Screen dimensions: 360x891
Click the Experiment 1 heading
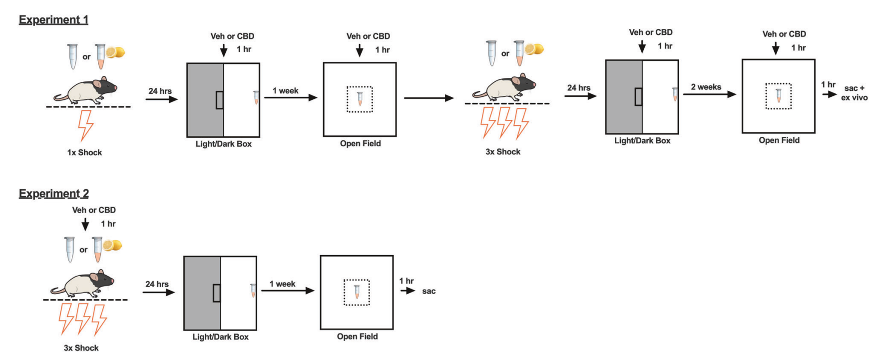(x=53, y=19)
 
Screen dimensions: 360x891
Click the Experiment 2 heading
(x=53, y=193)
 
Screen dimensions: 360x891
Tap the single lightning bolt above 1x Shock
(x=86, y=125)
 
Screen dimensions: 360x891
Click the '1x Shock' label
(x=84, y=153)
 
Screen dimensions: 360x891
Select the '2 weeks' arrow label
(x=706, y=87)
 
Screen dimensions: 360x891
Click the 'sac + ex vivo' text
(x=854, y=93)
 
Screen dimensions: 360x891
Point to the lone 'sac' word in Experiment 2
(x=429, y=291)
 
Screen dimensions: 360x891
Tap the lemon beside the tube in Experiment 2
(x=113, y=245)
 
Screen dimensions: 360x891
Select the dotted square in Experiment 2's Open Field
(x=357, y=292)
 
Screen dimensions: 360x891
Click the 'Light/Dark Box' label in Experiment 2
(x=220, y=337)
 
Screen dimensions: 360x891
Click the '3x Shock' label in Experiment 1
(x=503, y=152)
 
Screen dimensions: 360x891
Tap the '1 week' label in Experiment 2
(x=282, y=284)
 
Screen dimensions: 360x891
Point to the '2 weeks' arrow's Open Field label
(x=779, y=140)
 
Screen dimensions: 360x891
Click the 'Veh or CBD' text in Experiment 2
(x=94, y=210)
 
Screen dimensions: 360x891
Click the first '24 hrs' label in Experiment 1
(x=160, y=91)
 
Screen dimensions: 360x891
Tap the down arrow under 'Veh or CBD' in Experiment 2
(x=85, y=224)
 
